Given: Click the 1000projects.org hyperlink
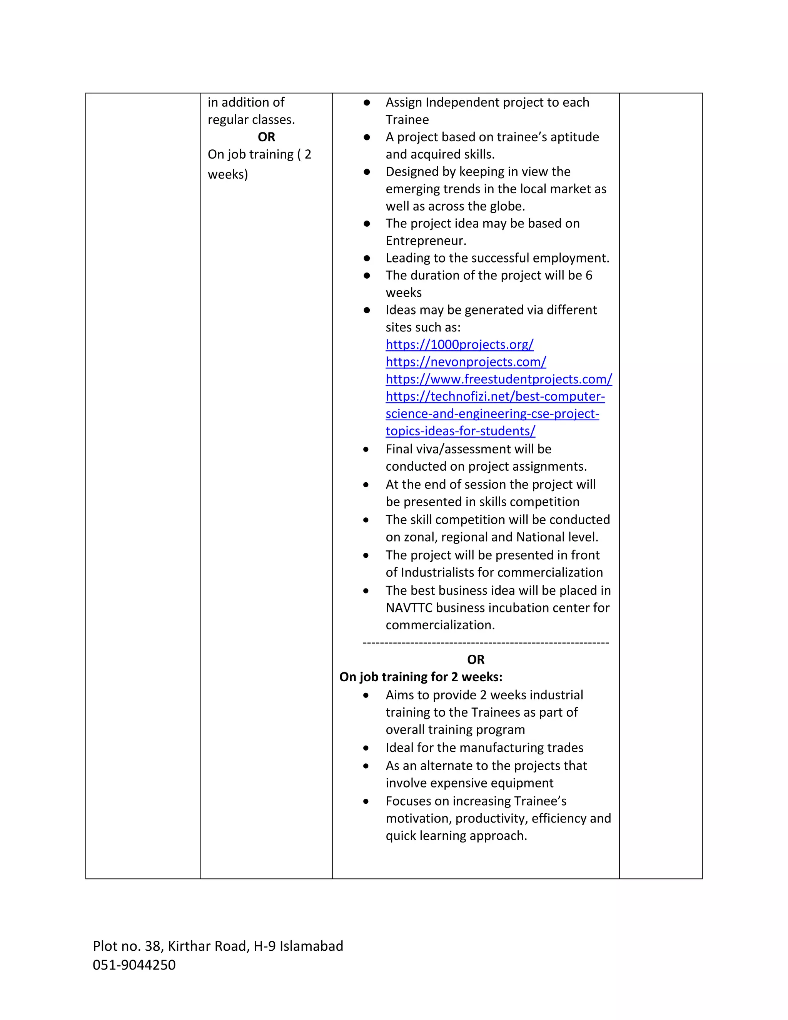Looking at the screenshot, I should pos(459,344).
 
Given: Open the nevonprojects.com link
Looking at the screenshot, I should pos(466,362).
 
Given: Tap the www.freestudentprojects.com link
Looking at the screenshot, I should pos(499,379).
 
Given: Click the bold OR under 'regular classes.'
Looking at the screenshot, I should pos(266,137).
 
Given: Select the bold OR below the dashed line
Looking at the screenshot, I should pos(476,659).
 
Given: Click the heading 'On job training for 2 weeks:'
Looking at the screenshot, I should pos(421,677).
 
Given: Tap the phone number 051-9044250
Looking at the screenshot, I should pos(134,965).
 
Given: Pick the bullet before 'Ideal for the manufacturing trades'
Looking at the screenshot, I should pos(366,748).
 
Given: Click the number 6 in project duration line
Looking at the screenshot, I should pos(589,276).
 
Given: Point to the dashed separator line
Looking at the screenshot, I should pos(486,643).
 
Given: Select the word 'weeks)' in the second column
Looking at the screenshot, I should pos(227,175).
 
